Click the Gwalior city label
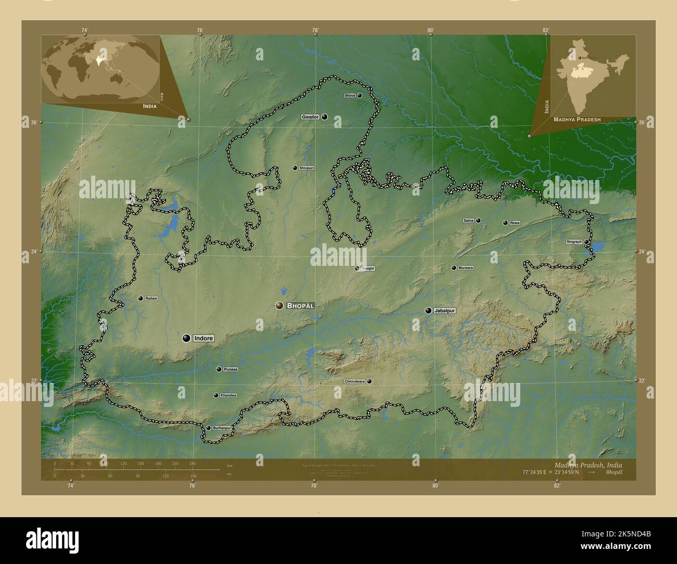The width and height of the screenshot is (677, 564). click(x=310, y=117)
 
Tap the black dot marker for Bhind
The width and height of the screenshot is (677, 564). click(x=359, y=96)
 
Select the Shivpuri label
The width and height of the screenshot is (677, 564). click(x=307, y=168)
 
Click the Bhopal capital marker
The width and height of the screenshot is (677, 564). click(x=280, y=306)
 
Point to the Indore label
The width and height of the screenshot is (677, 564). click(x=204, y=338)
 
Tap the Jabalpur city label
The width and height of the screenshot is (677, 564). click(x=444, y=311)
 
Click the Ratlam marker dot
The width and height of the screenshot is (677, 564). click(x=140, y=298)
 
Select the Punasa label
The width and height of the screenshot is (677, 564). click(x=230, y=369)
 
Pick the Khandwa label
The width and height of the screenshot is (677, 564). click(x=228, y=395)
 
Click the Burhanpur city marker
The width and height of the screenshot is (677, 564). click(x=208, y=428)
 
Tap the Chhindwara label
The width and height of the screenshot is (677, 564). click(x=355, y=381)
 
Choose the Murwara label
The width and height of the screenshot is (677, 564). click(x=466, y=268)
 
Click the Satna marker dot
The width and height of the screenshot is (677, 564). click(x=478, y=221)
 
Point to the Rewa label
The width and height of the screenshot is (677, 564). click(x=515, y=223)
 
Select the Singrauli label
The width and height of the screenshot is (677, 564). click(x=574, y=242)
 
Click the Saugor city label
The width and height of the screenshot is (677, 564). click(x=368, y=268)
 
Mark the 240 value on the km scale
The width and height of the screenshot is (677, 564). click(x=192, y=463)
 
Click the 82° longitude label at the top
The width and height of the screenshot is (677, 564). click(x=546, y=30)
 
